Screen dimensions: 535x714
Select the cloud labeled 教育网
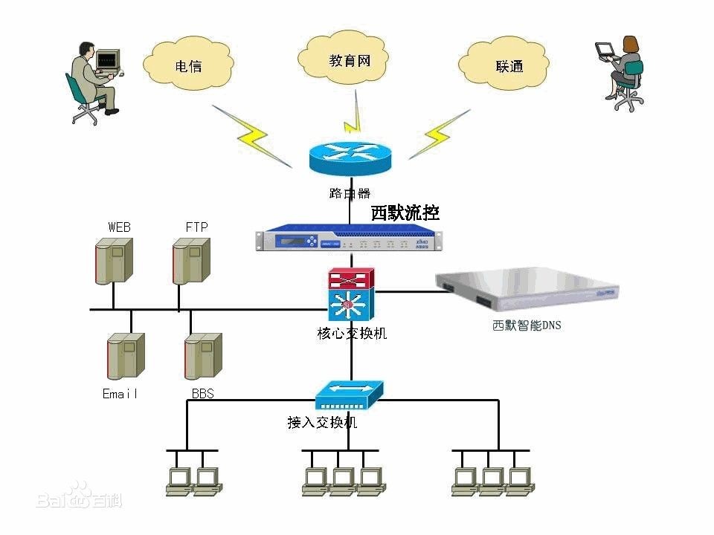click(x=349, y=59)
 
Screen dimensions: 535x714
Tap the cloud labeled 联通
click(x=509, y=65)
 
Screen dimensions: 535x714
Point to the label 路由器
click(x=349, y=193)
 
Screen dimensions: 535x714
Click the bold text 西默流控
click(x=405, y=213)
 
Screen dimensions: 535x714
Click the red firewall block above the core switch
click(x=352, y=279)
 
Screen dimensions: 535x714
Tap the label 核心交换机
click(x=352, y=334)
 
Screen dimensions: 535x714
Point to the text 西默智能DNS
click(x=527, y=325)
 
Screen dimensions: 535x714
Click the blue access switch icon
click(x=349, y=395)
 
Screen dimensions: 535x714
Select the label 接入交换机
click(x=322, y=423)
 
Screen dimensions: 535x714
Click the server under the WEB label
click(x=113, y=260)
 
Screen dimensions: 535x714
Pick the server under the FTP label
click(x=190, y=260)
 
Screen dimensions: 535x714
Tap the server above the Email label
click(x=124, y=357)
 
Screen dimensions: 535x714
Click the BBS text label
click(x=202, y=394)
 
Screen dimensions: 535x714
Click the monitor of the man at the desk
click(x=108, y=59)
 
